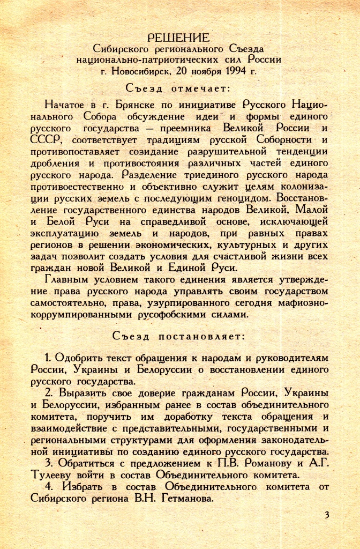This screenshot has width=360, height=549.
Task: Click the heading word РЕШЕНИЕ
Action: pos(178,38)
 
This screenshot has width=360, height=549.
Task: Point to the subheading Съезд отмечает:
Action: pos(178,88)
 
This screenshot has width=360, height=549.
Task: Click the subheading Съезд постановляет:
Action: pos(178,336)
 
